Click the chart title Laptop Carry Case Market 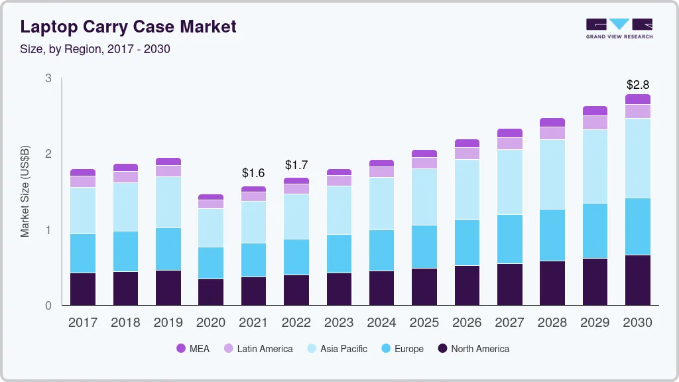click(x=128, y=27)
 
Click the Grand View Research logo click(x=619, y=28)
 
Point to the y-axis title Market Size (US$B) click(x=25, y=192)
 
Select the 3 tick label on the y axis click(x=48, y=78)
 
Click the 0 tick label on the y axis click(x=48, y=306)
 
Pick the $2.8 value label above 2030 click(x=637, y=85)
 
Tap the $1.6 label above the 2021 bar click(x=253, y=173)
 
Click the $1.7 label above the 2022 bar click(x=296, y=164)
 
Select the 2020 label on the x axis click(x=211, y=323)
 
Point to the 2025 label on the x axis click(x=424, y=323)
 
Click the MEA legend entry click(x=193, y=349)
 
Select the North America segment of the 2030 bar click(x=638, y=280)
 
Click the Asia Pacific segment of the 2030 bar click(x=638, y=158)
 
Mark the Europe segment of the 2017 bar click(x=83, y=253)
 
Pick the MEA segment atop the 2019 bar click(x=168, y=161)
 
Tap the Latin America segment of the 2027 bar click(x=510, y=143)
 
